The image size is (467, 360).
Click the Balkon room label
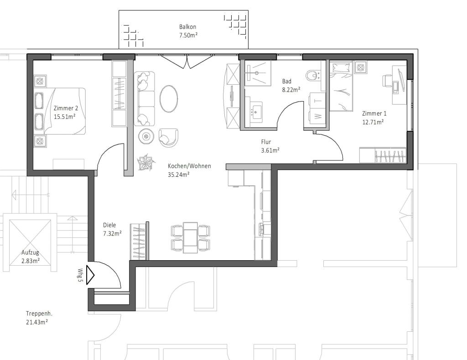pyautogui.click(x=187, y=27)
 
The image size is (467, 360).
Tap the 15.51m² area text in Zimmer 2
pyautogui.click(x=64, y=117)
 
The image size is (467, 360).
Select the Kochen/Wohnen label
pyautogui.click(x=189, y=166)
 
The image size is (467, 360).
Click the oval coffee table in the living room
pyautogui.click(x=169, y=98)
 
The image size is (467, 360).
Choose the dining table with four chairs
pyautogui.click(x=190, y=237)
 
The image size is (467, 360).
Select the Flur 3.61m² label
pyautogui.click(x=266, y=142)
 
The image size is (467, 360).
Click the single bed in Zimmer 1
pyautogui.click(x=341, y=87)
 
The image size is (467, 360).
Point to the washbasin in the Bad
pyautogui.click(x=255, y=111)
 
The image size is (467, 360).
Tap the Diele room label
pyautogui.click(x=109, y=225)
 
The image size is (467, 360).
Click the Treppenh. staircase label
pyautogui.click(x=40, y=314)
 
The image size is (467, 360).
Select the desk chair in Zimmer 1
pyautogui.click(x=387, y=82)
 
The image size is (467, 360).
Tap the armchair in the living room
pyautogui.click(x=168, y=137)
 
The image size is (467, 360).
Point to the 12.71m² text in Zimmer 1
pyautogui.click(x=372, y=122)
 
